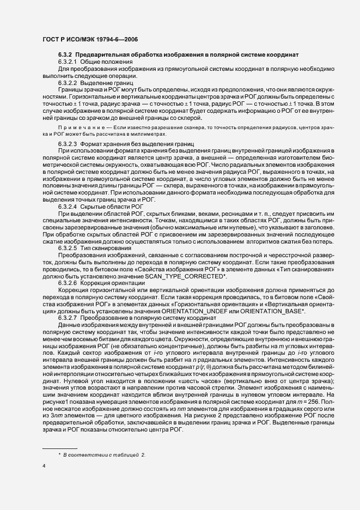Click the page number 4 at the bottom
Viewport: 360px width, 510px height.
point(44,466)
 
